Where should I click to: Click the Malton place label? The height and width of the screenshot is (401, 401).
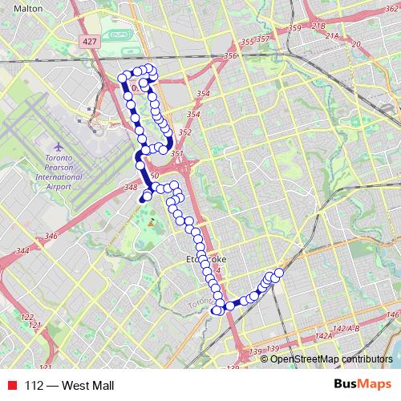coord(28,7)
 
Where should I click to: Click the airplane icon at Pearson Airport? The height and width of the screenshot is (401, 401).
coord(59,148)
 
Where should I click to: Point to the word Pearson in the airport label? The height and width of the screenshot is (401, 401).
coord(59,166)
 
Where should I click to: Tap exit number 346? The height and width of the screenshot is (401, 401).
coord(51,236)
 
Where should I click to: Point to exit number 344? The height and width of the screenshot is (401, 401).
coord(22,251)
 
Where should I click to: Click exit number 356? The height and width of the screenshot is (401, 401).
coord(231,55)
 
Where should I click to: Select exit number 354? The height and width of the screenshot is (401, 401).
coord(203,94)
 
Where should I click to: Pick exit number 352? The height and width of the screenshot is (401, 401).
coord(185,132)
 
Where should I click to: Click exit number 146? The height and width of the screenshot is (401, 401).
coord(391,314)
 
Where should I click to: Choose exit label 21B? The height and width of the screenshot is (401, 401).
coord(318,26)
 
